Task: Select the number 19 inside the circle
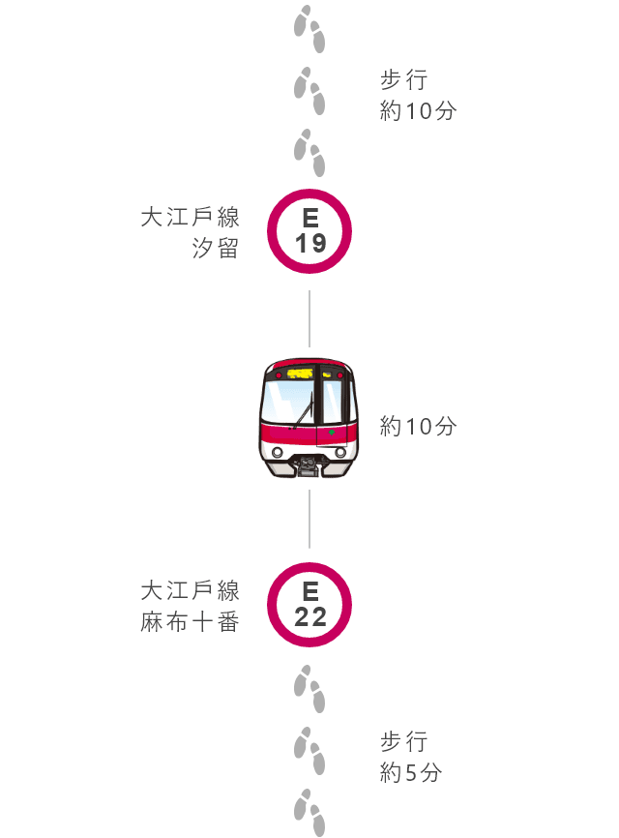pos(310,243)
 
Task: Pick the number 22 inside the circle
pos(310,617)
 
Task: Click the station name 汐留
pos(216,248)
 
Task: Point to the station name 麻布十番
pos(190,622)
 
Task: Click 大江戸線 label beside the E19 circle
pos(190,217)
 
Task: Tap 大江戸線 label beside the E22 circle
pos(190,591)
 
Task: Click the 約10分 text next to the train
pos(418,427)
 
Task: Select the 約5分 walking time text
pos(411,773)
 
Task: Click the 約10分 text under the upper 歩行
pos(418,111)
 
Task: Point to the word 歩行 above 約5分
pos(403,742)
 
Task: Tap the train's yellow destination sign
pos(300,374)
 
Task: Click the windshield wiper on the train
pos(303,411)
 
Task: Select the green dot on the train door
pos(332,432)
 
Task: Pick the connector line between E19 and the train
pos(309,319)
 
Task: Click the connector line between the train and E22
pos(309,519)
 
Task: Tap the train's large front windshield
pos(288,402)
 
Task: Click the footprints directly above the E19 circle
pos(309,152)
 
